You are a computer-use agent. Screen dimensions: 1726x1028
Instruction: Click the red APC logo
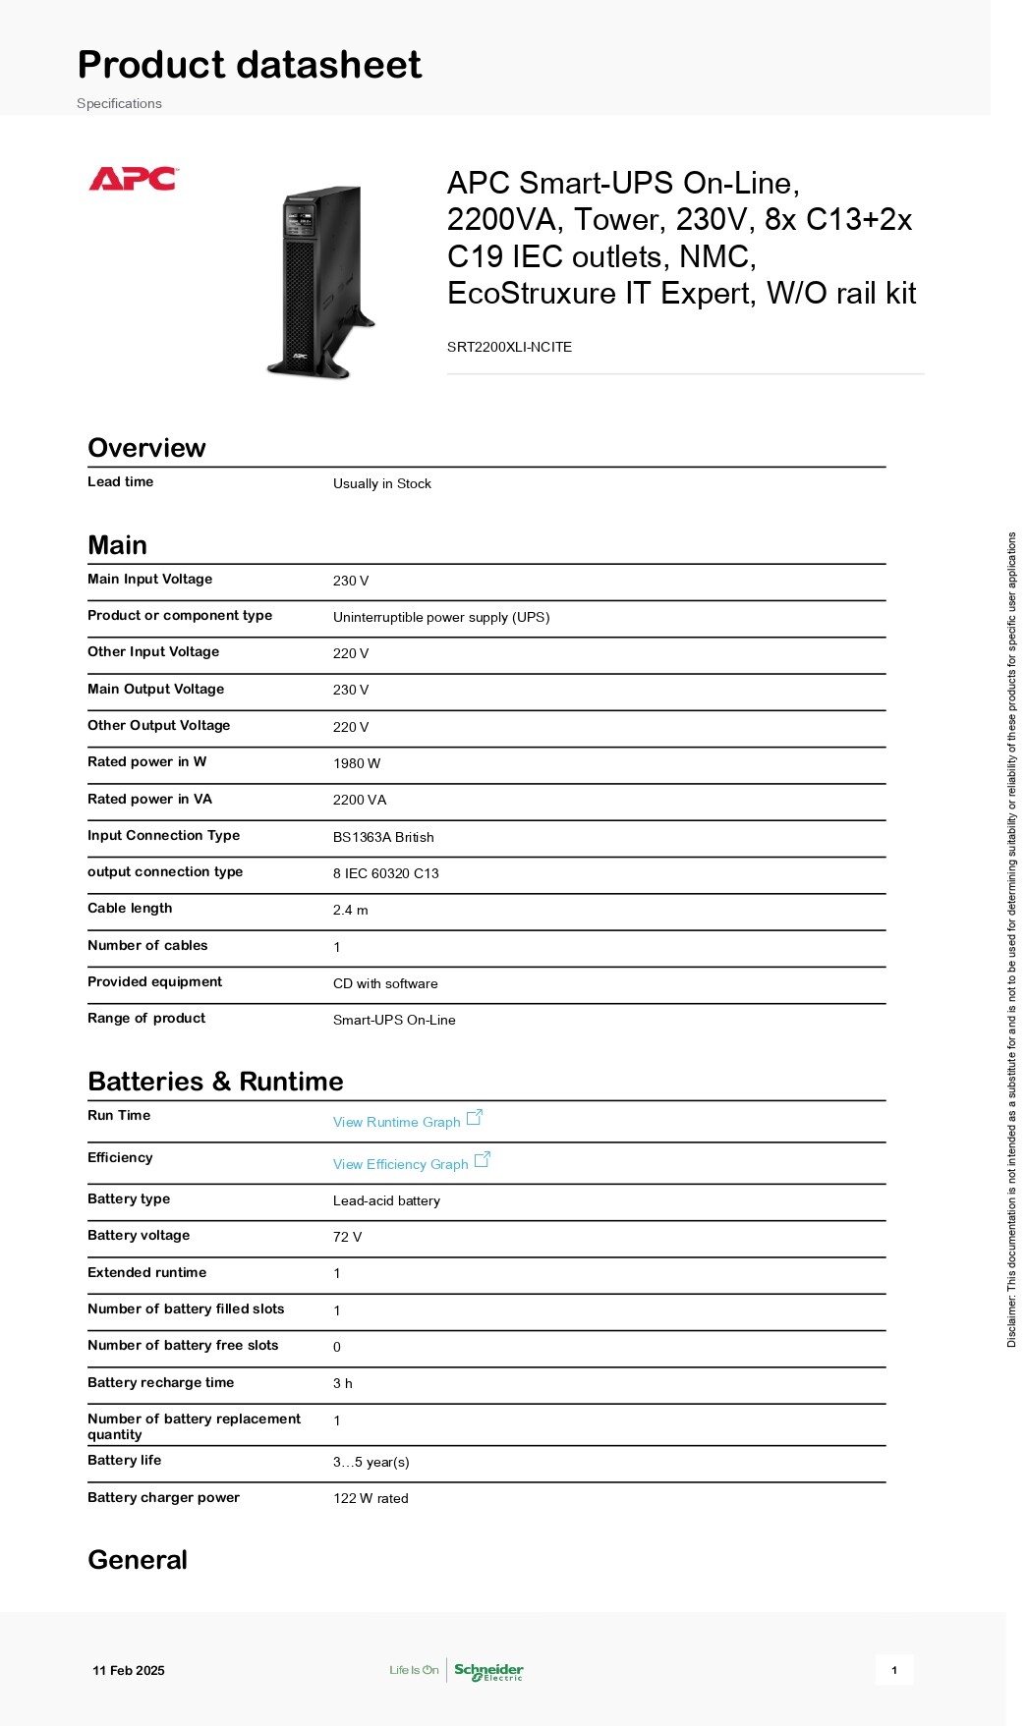133,179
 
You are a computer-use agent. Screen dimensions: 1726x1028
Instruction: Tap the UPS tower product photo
321,281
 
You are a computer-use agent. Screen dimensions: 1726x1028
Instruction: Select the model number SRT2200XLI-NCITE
509,347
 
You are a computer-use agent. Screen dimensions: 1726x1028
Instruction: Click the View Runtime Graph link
397,1122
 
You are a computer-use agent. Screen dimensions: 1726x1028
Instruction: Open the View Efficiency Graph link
401,1164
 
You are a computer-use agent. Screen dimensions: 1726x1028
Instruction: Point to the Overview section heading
146,448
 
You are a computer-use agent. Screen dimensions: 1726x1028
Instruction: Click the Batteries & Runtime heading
215,1082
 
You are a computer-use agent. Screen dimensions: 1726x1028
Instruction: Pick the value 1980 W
356,763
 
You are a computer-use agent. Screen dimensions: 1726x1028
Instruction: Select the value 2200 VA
360,800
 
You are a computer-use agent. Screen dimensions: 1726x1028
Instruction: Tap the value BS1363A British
383,837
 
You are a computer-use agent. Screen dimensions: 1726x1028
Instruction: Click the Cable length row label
130,908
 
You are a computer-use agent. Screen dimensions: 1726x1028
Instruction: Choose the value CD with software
385,983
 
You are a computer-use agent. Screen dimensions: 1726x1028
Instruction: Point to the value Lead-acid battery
386,1200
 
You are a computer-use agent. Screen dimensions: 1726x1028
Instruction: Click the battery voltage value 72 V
347,1237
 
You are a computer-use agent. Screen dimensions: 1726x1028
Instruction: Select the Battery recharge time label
160,1382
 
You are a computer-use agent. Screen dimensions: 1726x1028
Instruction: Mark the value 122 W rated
371,1498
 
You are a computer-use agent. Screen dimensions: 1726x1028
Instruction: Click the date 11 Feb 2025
129,1670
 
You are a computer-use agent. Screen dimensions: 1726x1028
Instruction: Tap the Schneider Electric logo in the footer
488,1670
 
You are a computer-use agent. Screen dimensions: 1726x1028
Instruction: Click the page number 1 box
894,1670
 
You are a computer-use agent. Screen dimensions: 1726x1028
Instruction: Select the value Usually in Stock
381,483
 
